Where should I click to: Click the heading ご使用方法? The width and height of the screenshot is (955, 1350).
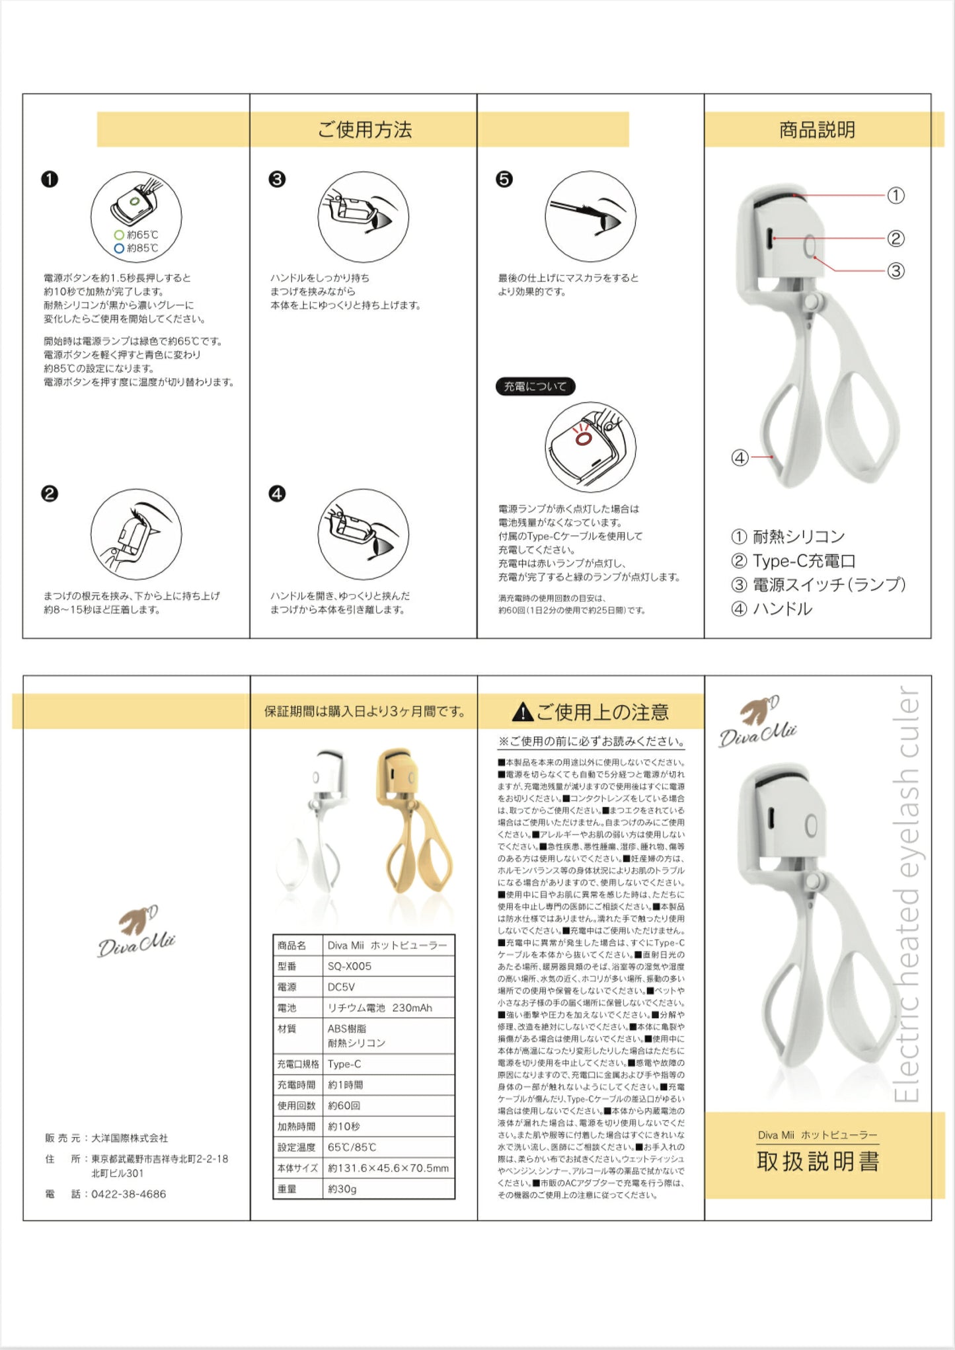[x=364, y=130]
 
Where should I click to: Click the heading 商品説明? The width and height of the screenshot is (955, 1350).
[x=817, y=130]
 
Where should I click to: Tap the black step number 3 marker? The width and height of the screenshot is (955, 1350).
[x=277, y=179]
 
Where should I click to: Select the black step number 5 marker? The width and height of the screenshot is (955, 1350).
[x=504, y=179]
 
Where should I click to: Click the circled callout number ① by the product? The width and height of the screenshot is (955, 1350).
[x=896, y=196]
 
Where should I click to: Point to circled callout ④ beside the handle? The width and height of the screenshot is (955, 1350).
[x=740, y=457]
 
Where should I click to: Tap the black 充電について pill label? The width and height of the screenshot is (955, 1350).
[x=535, y=387]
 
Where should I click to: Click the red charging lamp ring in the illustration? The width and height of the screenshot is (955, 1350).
[x=582, y=438]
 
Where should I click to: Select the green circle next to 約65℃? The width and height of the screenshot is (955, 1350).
[x=119, y=235]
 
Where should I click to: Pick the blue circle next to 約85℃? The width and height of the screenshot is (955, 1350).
[x=119, y=248]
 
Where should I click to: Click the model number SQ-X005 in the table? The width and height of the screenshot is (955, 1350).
[x=350, y=966]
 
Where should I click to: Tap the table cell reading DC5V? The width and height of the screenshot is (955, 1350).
[x=341, y=987]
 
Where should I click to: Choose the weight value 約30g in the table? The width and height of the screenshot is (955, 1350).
[x=342, y=1189]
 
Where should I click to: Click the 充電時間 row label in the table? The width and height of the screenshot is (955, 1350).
[x=296, y=1085]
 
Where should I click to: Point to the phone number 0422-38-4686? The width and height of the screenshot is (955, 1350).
[x=129, y=1194]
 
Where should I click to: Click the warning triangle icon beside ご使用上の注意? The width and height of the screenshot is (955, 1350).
[x=522, y=712]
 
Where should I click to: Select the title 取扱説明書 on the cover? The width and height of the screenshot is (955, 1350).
[x=818, y=1162]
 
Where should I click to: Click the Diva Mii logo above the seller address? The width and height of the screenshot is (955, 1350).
[x=136, y=932]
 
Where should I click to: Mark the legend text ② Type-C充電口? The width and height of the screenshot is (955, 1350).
[x=793, y=561]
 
